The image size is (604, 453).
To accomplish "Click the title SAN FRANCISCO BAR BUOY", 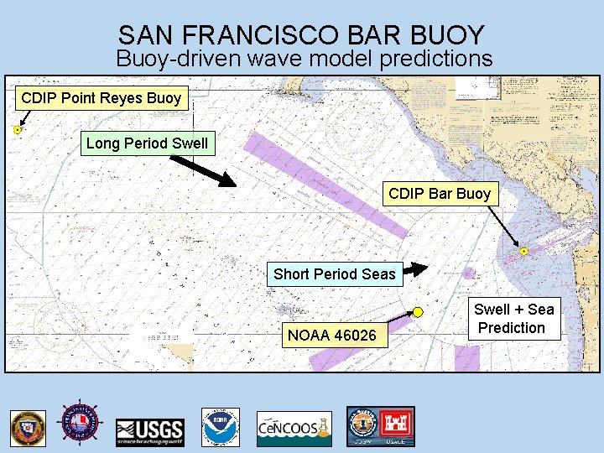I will click(302, 35).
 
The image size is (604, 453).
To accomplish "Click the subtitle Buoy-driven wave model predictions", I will click(304, 59).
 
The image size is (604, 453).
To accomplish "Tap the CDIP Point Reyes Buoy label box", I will click(101, 98).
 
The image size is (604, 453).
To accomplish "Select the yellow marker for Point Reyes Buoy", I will click(18, 130).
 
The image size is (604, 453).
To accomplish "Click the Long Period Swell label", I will click(147, 143).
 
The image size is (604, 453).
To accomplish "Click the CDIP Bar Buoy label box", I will click(440, 194).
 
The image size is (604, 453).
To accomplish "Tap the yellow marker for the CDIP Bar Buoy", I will click(523, 251).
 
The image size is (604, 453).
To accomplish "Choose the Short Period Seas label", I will click(334, 273).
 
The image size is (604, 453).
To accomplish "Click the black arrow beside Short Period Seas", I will click(414, 269).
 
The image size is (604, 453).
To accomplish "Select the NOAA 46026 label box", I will click(332, 336).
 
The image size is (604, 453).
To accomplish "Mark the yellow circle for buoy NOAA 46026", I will click(417, 312).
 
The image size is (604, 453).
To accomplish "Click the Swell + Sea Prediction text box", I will click(513, 319).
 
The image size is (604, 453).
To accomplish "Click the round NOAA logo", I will click(221, 426).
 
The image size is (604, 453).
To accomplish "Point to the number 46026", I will click(353, 336).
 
